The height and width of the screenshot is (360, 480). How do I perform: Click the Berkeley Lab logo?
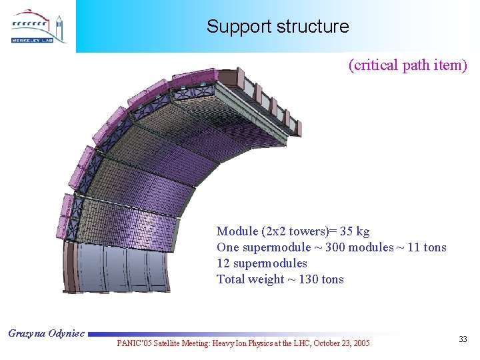(x=38, y=27)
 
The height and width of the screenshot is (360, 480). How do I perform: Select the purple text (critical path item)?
(x=407, y=65)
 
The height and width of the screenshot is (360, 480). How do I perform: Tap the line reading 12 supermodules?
(x=261, y=263)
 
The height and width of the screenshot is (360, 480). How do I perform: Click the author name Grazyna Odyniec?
(x=46, y=333)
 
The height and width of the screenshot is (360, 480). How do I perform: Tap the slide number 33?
(x=463, y=340)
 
